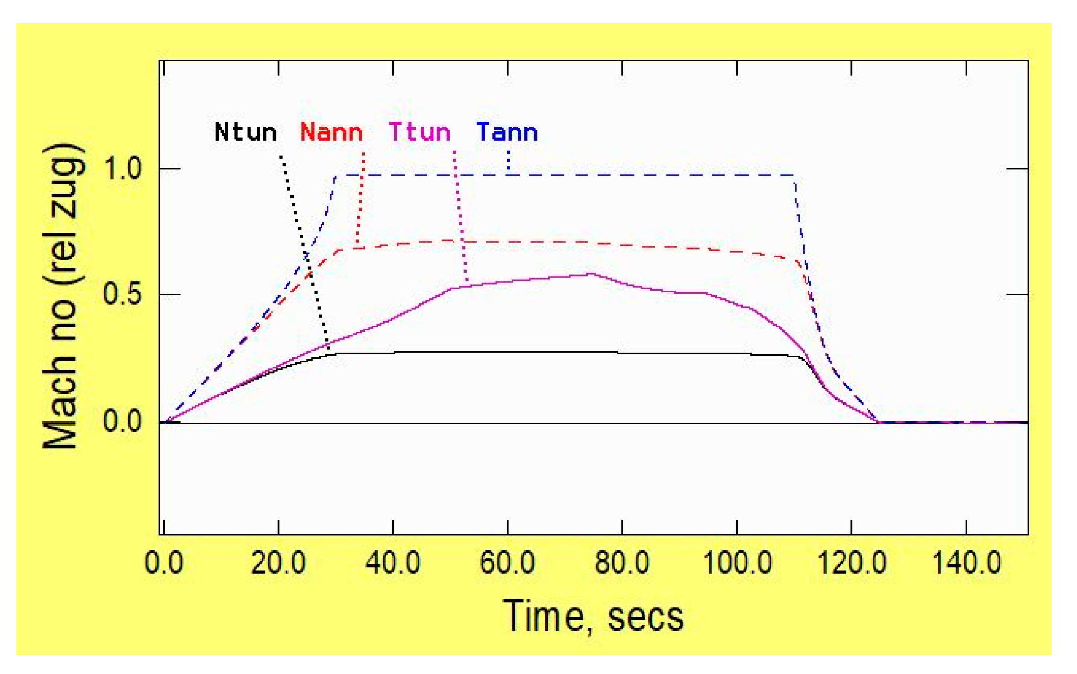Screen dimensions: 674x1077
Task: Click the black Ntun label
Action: click(x=245, y=133)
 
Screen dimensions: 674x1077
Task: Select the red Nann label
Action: click(x=331, y=133)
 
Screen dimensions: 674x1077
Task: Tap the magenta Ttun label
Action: click(x=419, y=133)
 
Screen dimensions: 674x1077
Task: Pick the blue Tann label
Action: click(x=507, y=133)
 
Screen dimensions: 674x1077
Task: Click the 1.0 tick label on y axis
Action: click(x=123, y=169)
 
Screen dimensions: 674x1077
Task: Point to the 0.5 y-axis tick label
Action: click(x=123, y=295)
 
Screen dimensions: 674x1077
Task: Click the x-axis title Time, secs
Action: click(x=593, y=617)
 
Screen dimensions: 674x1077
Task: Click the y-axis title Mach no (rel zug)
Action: click(x=61, y=296)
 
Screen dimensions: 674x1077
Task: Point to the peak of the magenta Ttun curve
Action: click(x=590, y=274)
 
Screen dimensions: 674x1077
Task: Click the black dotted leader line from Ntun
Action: click(x=304, y=253)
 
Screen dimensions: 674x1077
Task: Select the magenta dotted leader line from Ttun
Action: click(x=460, y=217)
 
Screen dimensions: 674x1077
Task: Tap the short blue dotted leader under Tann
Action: click(x=509, y=161)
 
